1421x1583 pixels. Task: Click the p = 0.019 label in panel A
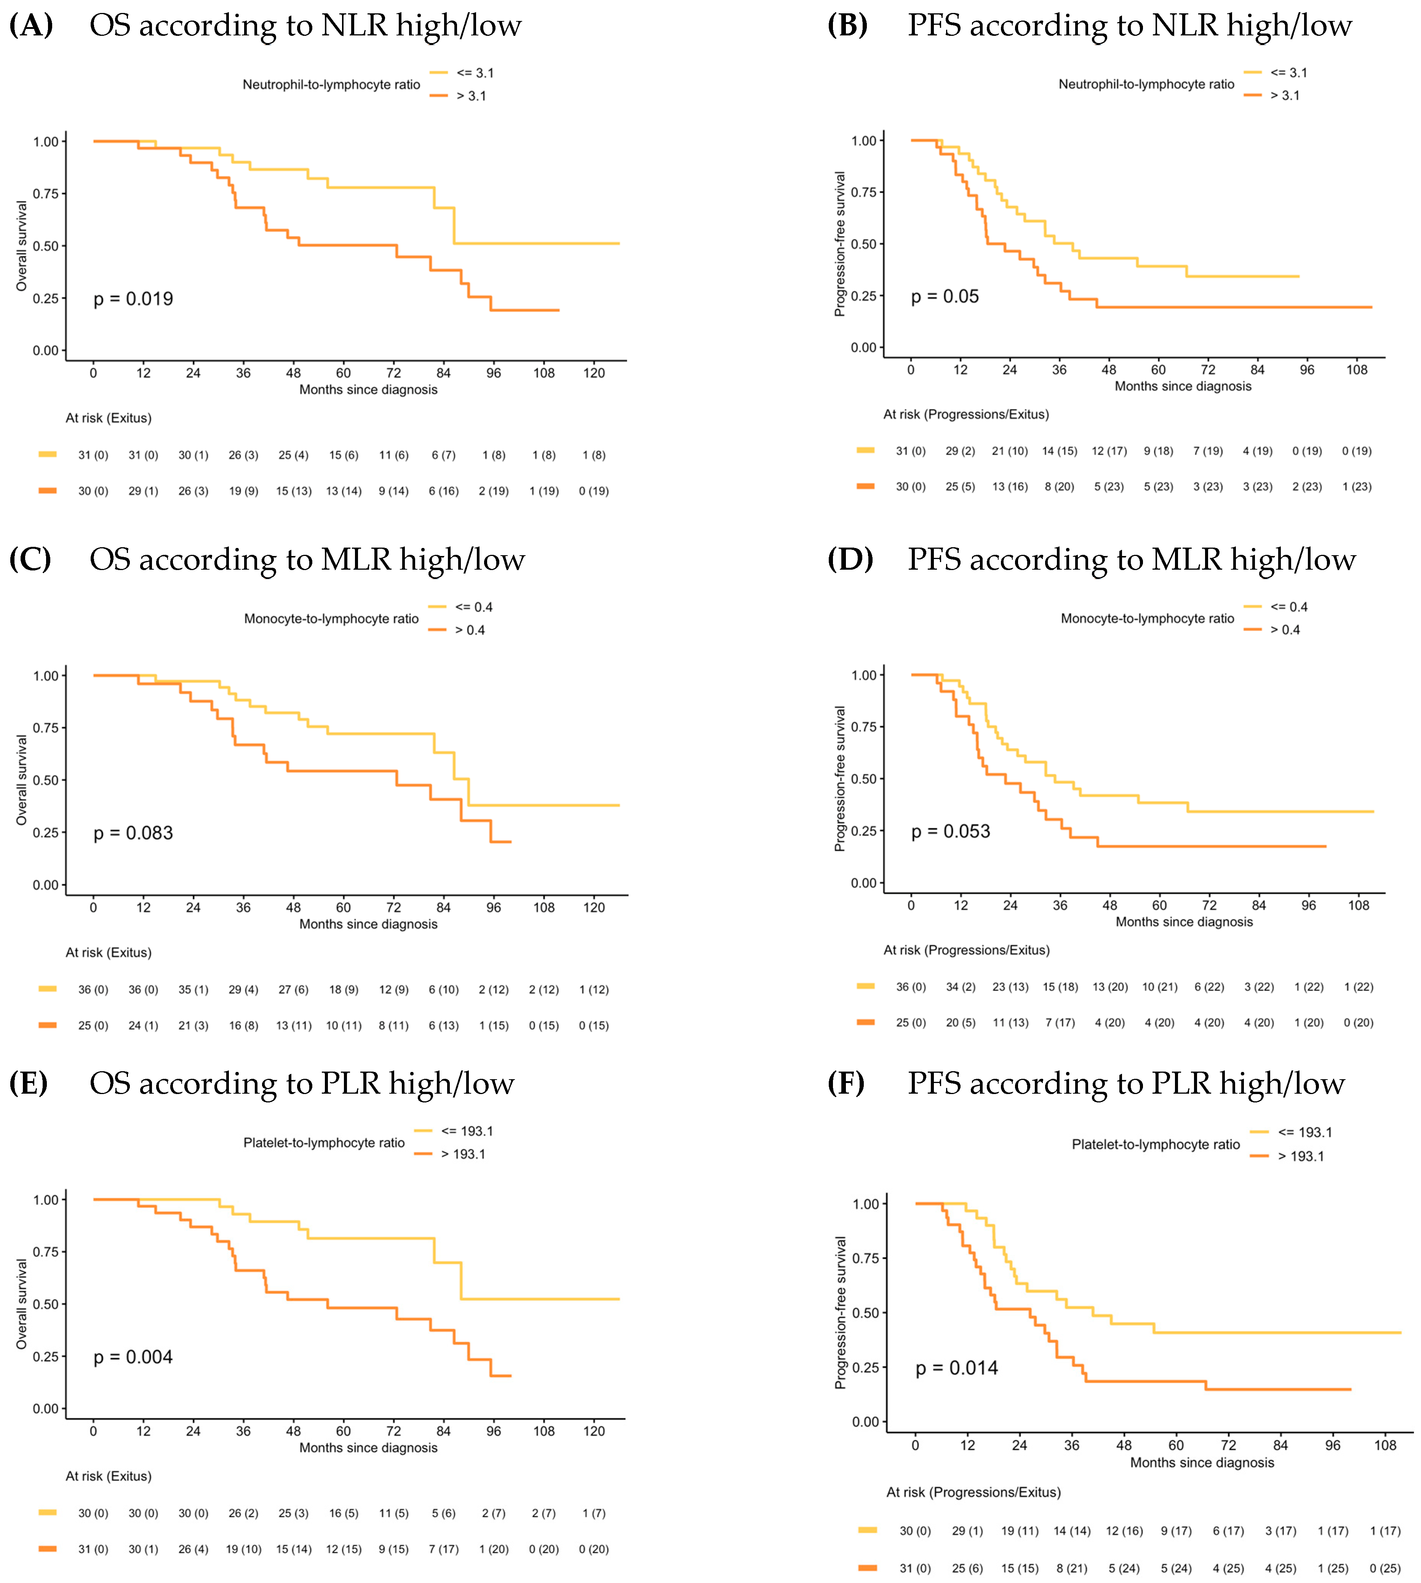tap(134, 299)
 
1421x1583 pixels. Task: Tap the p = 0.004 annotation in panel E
tap(134, 1358)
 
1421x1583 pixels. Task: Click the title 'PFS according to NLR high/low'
tap(1129, 26)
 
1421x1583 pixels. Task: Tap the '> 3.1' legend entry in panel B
tap(1284, 95)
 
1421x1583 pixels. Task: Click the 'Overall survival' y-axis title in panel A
tap(22, 246)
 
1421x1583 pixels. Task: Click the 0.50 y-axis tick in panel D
tap(863, 779)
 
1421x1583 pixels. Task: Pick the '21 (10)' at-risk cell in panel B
tap(1010, 451)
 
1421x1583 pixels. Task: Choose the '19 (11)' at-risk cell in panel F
tap(1020, 1531)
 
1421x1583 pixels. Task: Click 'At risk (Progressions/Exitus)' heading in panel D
tap(966, 950)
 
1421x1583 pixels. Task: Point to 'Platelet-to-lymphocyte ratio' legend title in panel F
tap(1156, 1144)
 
